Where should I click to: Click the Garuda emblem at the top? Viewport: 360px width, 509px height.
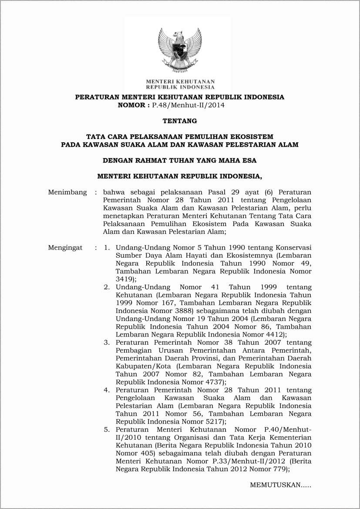pyautogui.click(x=180, y=50)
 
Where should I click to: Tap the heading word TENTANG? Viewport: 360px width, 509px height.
pyautogui.click(x=180, y=121)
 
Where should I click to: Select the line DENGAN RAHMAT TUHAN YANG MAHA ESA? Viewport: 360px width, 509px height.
pyautogui.click(x=180, y=160)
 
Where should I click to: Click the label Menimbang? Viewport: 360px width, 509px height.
pyautogui.click(x=67, y=192)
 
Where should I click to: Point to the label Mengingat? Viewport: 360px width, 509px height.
pyautogui.click(x=65, y=248)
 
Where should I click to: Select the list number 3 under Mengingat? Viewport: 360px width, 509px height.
pyautogui.click(x=107, y=343)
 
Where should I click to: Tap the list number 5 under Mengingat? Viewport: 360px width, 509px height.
pyautogui.click(x=107, y=429)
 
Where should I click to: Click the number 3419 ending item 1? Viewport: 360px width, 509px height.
pyautogui.click(x=124, y=279)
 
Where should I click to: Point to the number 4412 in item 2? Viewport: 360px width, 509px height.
pyautogui.click(x=275, y=334)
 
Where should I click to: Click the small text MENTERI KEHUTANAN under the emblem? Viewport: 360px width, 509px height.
pyautogui.click(x=180, y=81)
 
